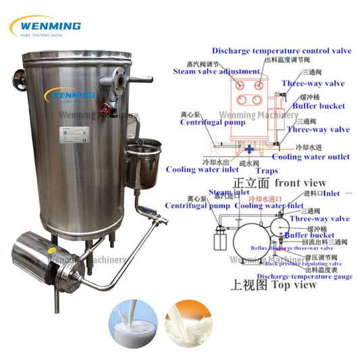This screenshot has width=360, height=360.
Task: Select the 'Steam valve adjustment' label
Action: coord(215,71)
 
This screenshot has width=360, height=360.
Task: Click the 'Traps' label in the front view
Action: coord(266,172)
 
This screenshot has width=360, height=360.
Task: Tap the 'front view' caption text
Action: coord(300,183)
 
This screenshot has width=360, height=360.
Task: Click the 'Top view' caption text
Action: coord(293,284)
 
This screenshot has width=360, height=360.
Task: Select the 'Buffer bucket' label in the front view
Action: coord(318,106)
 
